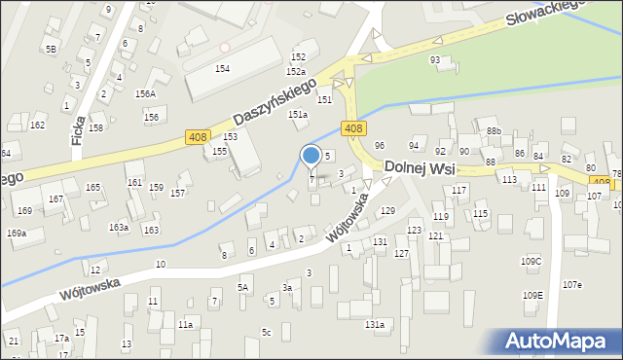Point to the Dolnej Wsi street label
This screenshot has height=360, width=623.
[420, 167]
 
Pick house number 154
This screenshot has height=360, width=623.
[223, 68]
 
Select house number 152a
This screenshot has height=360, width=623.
[296, 72]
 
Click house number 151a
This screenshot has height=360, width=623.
[298, 115]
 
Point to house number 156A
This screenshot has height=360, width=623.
[145, 93]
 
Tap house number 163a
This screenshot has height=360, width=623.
[119, 227]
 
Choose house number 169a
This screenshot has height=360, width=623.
[17, 234]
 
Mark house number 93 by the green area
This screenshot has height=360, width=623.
[435, 60]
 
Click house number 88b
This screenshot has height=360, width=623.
[494, 131]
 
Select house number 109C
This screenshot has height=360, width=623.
[531, 261]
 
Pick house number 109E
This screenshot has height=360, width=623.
[532, 295]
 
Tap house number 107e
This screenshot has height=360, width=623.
[571, 284]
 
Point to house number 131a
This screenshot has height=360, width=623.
[375, 324]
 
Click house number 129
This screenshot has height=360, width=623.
[387, 211]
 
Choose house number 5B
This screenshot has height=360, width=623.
[51, 48]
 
